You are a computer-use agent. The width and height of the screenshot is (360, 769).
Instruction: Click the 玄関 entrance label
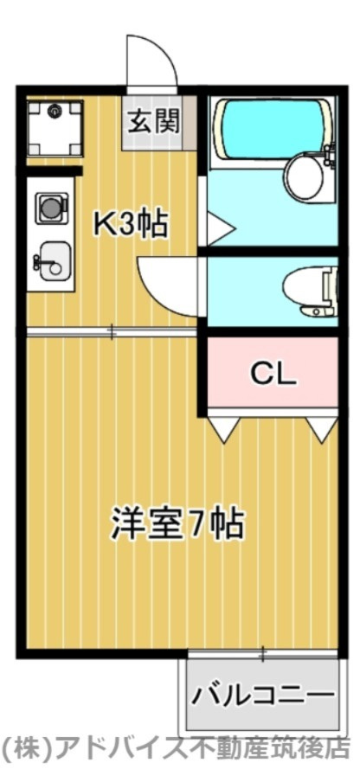[x=155, y=121]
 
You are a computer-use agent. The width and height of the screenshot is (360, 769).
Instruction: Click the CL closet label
[x=273, y=374]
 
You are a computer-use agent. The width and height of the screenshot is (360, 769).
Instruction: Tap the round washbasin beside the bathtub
[x=304, y=176]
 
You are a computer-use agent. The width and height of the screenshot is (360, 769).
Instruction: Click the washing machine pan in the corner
[x=55, y=128]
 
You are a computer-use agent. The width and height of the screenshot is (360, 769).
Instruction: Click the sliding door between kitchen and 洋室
[x=112, y=331]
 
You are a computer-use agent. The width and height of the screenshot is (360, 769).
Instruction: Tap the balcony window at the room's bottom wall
[x=260, y=651]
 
